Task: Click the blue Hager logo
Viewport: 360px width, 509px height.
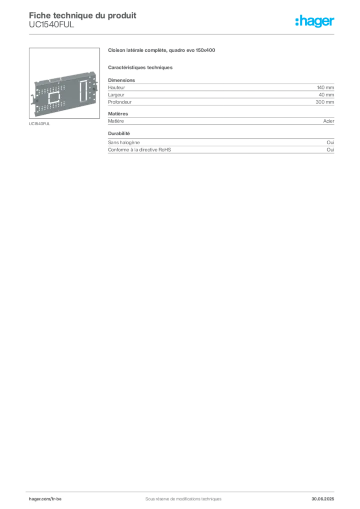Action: (x=315, y=22)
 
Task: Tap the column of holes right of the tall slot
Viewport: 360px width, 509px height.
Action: (x=91, y=89)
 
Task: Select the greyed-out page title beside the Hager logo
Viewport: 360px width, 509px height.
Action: (x=82, y=20)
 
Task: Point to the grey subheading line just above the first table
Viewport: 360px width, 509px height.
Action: (x=141, y=66)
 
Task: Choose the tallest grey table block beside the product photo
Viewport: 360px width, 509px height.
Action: (x=220, y=91)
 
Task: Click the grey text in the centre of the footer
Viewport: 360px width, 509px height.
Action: (x=181, y=495)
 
